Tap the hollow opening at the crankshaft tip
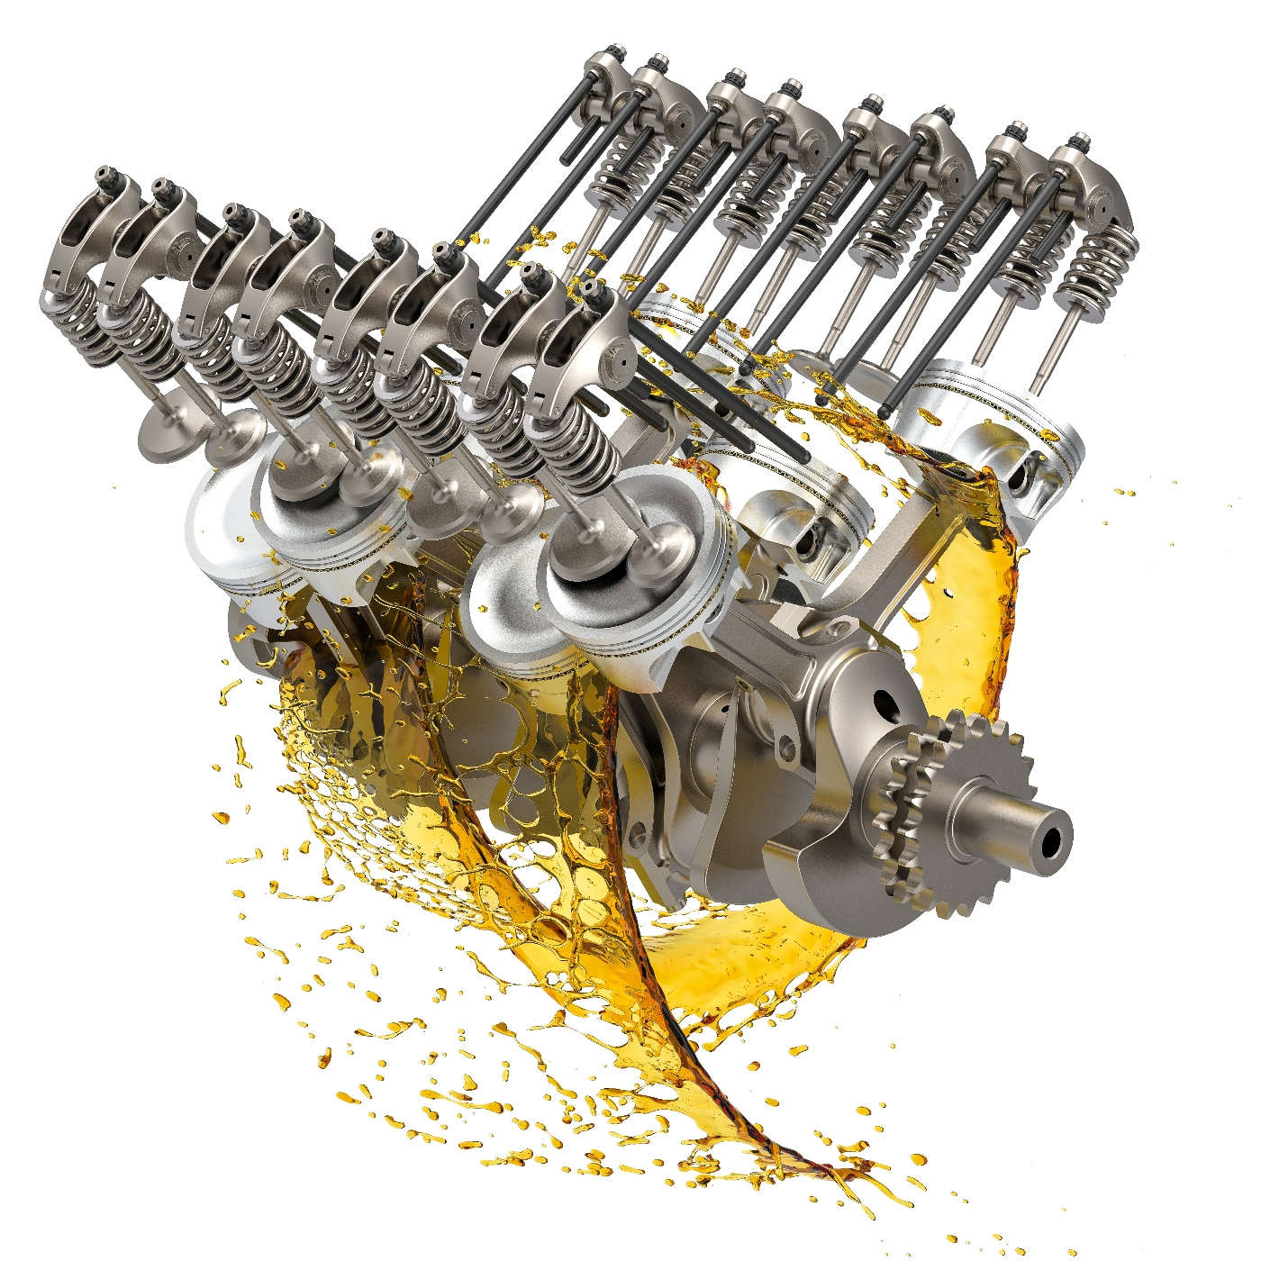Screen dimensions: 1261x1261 pos(1052,842)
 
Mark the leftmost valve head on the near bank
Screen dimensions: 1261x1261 pos(167,432)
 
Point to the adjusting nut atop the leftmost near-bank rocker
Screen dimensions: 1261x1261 pos(105,175)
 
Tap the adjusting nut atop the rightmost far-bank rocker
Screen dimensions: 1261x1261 pos(1078,143)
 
